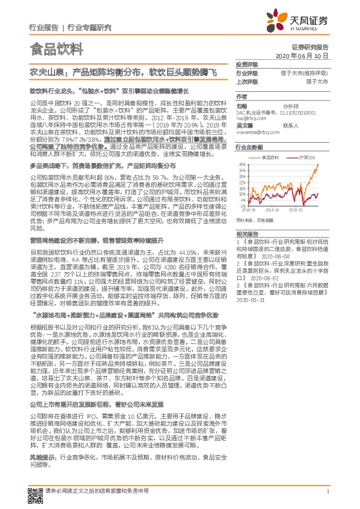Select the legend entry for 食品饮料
pyautogui.click(x=268, y=156)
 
